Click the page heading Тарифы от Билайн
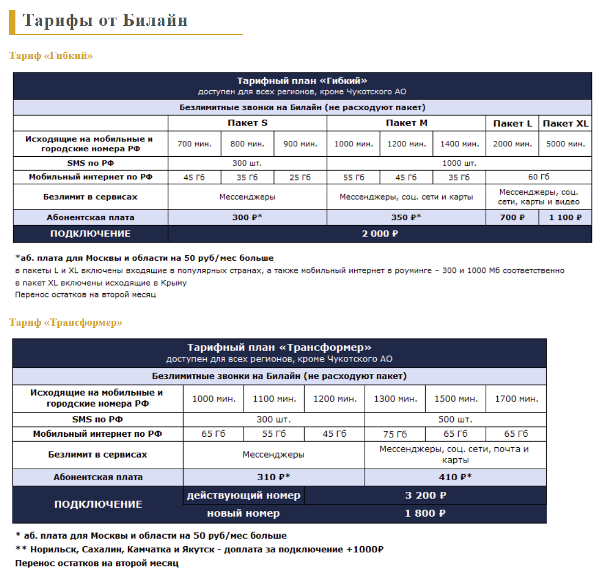(105, 20)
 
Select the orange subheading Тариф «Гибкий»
(51, 56)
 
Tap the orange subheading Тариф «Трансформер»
(65, 322)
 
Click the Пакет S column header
(248, 123)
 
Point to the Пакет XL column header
(565, 124)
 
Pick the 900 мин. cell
(300, 144)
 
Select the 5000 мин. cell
(565, 144)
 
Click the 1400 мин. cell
(459, 144)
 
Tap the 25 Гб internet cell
(300, 177)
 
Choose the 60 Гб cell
(539, 177)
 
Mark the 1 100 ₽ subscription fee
(565, 217)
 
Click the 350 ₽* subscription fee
(406, 217)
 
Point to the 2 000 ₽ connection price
(380, 234)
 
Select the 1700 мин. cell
(516, 399)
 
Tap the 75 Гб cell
(395, 434)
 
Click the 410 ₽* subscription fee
(455, 477)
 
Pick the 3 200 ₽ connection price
(425, 496)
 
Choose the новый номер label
(243, 514)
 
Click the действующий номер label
(244, 496)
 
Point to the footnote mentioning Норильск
(199, 550)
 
